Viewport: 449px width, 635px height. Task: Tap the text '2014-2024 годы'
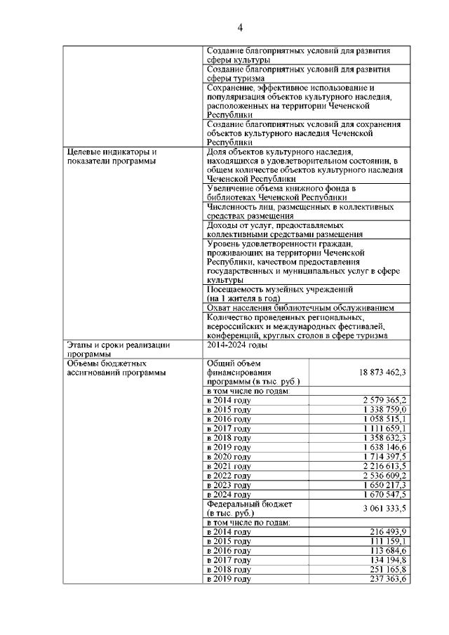click(237, 345)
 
